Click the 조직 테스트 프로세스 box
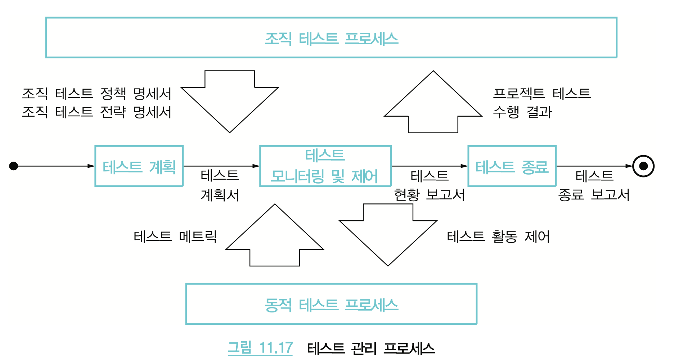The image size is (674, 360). click(331, 38)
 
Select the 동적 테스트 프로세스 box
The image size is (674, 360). click(331, 304)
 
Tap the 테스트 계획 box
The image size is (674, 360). click(139, 166)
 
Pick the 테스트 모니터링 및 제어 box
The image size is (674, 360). click(325, 166)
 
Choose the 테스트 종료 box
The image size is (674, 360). click(512, 166)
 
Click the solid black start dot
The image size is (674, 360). click(14, 166)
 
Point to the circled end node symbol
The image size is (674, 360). click(643, 166)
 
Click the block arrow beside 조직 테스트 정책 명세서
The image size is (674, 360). click(230, 99)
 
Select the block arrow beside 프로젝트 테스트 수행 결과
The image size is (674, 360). click(433, 104)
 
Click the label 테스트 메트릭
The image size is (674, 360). click(175, 237)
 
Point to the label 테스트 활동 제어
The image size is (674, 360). click(498, 237)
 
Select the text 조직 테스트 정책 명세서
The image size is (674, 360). click(96, 94)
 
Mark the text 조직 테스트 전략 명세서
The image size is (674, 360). click(96, 112)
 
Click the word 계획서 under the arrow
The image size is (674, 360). click(220, 195)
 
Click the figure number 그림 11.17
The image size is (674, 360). click(260, 348)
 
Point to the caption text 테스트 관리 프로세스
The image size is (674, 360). click(371, 348)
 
